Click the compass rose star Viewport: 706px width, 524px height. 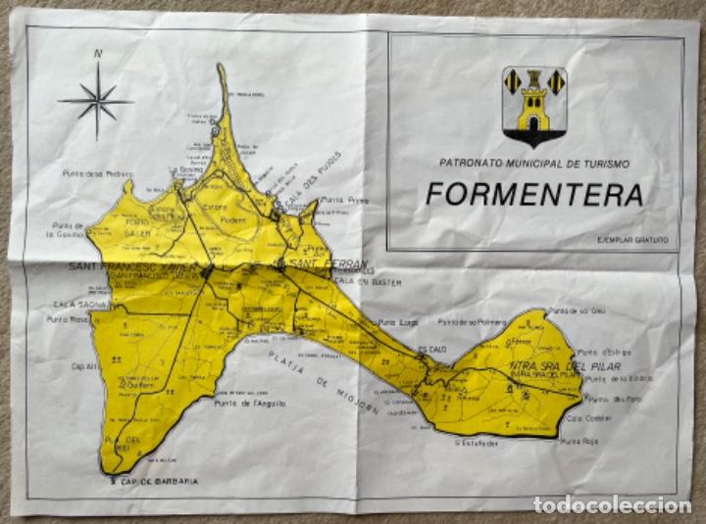(95, 100)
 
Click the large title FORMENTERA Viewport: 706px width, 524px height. (534, 194)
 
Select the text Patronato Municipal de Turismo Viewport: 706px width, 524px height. (534, 164)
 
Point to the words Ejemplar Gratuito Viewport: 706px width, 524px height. (631, 239)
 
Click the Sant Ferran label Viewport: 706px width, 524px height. (328, 264)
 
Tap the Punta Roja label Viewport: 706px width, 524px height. (577, 442)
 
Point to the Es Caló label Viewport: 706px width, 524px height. (430, 348)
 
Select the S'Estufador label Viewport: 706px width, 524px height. (476, 442)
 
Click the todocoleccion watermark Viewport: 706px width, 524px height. (612, 505)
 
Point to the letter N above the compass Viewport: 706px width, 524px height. (97, 54)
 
